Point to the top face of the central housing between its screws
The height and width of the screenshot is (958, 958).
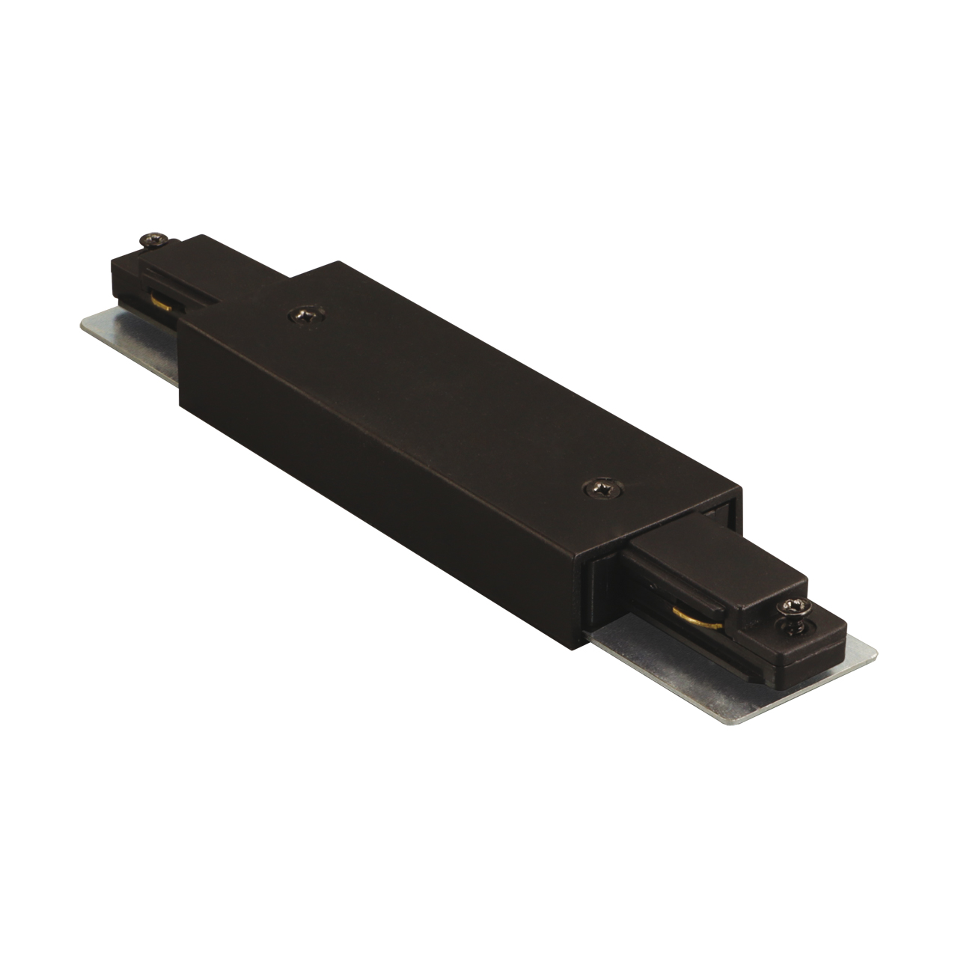point(449,397)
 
